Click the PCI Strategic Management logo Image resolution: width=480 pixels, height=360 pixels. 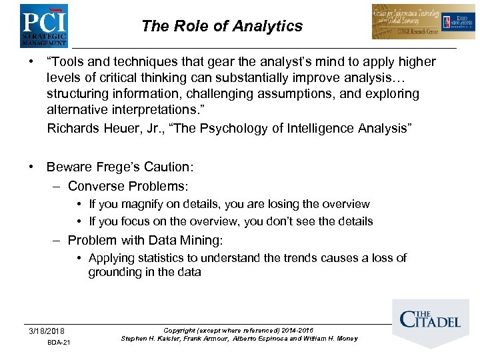pos(43,25)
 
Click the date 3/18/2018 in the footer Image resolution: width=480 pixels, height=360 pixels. pos(47,331)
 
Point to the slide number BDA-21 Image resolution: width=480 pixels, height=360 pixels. pos(59,343)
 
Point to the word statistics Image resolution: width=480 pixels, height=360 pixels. pos(161,258)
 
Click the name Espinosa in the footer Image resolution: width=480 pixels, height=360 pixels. pos(263,339)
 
